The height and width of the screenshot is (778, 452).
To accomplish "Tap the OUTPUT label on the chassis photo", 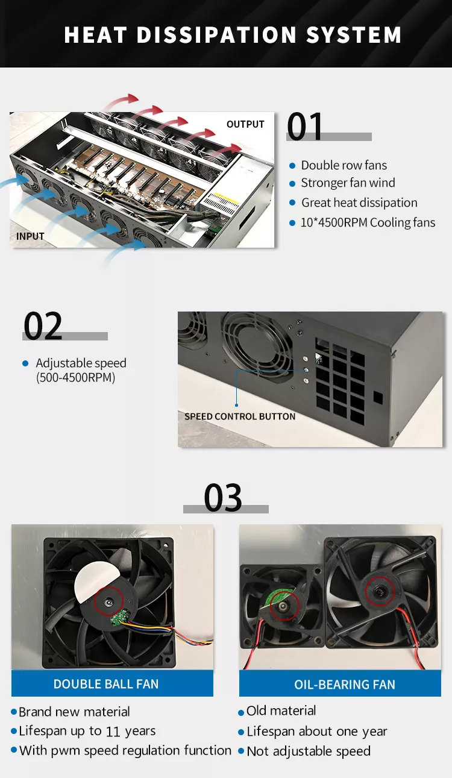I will pos(245,124).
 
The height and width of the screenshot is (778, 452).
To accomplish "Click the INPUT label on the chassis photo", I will pos(30,236).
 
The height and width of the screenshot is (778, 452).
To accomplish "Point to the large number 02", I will pos(43,325).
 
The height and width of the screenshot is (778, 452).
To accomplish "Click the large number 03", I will pos(223,498).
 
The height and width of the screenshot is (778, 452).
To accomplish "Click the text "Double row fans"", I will pos(344,165).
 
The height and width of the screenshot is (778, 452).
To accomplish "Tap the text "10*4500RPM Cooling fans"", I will pos(368,222).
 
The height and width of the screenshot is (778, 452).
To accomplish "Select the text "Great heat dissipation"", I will pos(359,202).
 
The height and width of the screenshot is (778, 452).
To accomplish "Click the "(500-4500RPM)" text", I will pos(75,378).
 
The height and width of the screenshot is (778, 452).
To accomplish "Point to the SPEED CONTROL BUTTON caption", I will pos(240,416).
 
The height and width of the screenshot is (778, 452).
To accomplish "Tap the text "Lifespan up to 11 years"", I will pos(87,731).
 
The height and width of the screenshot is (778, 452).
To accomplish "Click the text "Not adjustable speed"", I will pos(309,751).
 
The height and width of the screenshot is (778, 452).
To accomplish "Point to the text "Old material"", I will pos(281,711).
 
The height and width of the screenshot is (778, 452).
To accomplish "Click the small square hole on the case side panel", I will pos(378,398).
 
